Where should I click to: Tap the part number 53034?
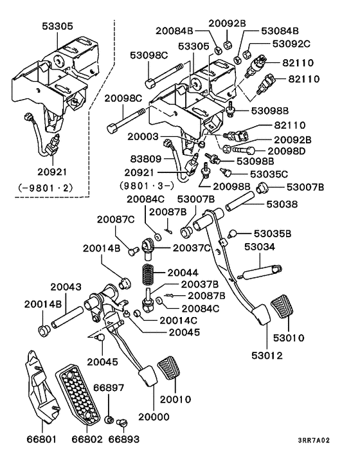tap(259, 247)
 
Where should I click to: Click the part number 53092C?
tap(291, 44)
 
